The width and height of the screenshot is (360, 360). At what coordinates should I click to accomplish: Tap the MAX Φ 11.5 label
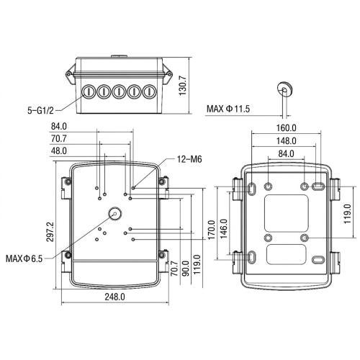pyautogui.click(x=229, y=109)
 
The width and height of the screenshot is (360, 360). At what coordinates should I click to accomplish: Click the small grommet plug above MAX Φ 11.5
pyautogui.click(x=284, y=88)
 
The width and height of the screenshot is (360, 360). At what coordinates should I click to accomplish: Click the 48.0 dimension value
pyautogui.click(x=60, y=150)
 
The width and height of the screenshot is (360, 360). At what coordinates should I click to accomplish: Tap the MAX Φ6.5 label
pyautogui.click(x=24, y=258)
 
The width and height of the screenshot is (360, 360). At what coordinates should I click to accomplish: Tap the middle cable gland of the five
pyautogui.click(x=116, y=92)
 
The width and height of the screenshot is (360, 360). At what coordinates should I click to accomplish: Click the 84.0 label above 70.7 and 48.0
pyautogui.click(x=60, y=127)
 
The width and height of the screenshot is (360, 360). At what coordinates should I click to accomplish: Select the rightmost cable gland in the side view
pyautogui.click(x=149, y=92)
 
